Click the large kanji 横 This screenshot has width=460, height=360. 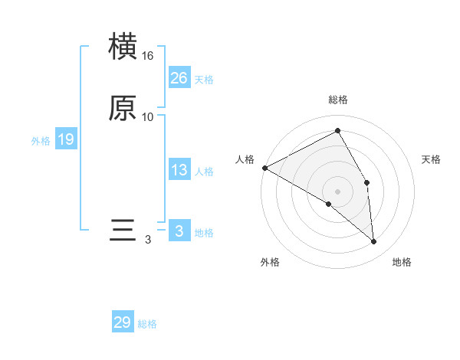click(x=123, y=47)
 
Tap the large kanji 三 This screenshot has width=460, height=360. click(x=123, y=231)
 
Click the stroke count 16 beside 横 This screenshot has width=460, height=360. click(x=148, y=56)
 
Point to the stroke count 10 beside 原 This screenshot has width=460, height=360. click(x=148, y=116)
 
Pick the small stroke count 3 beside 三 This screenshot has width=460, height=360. click(x=148, y=240)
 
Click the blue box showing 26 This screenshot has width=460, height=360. click(x=179, y=78)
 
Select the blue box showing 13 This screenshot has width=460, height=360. click(x=179, y=171)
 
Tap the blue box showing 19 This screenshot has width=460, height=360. click(x=65, y=139)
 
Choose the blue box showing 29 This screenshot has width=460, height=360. click(x=123, y=322)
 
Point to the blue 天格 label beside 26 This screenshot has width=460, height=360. click(x=204, y=80)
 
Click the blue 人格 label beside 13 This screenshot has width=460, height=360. click(x=204, y=172)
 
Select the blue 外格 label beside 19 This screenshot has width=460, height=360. click(x=41, y=141)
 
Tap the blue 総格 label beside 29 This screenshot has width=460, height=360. click(x=147, y=324)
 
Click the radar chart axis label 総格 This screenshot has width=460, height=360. click(x=338, y=100)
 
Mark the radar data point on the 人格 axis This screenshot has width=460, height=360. click(x=264, y=167)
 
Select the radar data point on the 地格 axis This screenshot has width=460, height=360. click(x=374, y=242)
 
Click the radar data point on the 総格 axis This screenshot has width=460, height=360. click(x=338, y=131)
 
